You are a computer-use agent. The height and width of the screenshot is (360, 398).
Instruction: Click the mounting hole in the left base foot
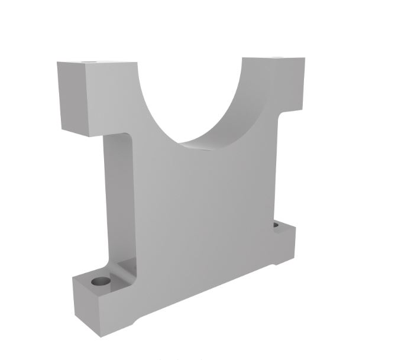click(x=102, y=280)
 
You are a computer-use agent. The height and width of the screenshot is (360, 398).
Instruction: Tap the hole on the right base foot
click(x=276, y=225)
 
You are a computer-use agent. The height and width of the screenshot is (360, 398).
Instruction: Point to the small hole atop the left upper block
click(x=90, y=61)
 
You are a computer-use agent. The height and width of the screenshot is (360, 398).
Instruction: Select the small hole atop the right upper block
click(x=275, y=58)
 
